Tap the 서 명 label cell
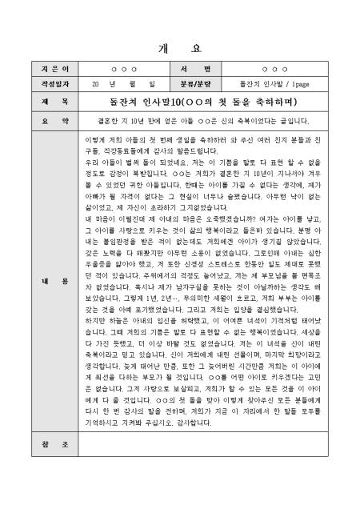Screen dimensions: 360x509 (x=199, y=70)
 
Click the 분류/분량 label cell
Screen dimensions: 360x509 (x=199, y=83)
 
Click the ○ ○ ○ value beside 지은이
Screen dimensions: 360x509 (x=124, y=70)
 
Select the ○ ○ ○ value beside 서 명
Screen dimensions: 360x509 (x=275, y=70)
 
